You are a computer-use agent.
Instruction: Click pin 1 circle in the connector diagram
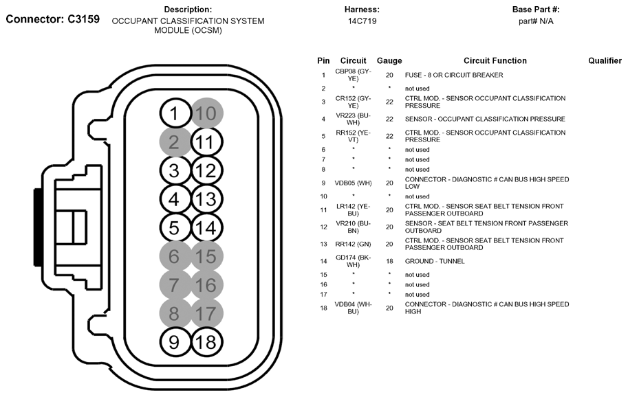click(x=175, y=113)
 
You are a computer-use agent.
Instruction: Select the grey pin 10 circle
click(x=205, y=113)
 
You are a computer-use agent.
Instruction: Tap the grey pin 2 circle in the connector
click(x=175, y=143)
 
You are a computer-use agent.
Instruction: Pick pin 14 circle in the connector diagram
click(x=205, y=227)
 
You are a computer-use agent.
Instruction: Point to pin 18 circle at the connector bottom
click(x=205, y=341)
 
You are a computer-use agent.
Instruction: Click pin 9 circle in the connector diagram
click(x=175, y=341)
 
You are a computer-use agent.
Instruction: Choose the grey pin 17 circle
click(x=205, y=313)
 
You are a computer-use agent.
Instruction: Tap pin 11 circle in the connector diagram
click(x=205, y=143)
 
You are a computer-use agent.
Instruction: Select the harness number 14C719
click(x=362, y=21)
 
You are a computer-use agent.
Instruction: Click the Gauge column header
click(x=389, y=61)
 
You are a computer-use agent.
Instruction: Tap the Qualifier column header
click(x=605, y=61)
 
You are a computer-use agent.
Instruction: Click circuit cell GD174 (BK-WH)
click(x=352, y=261)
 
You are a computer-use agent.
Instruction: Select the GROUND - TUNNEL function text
click(x=435, y=261)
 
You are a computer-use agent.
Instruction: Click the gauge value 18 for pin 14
click(x=389, y=261)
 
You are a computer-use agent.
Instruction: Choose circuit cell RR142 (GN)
click(x=352, y=244)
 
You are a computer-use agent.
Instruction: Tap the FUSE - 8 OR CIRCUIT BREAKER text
click(x=453, y=75)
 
